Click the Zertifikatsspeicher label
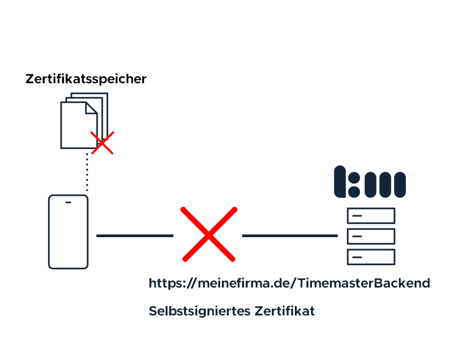click(86, 79)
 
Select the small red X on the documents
click(102, 143)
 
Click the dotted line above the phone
click(87, 173)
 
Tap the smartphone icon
click(68, 232)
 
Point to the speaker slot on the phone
click(68, 202)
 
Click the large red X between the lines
click(209, 234)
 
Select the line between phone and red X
click(135, 235)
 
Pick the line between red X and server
click(289, 235)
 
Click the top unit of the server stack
click(371, 216)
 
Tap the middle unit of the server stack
click(371, 236)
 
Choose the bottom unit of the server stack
click(371, 257)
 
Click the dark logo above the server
click(370, 182)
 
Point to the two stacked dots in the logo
click(354, 182)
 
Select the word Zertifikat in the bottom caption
click(285, 311)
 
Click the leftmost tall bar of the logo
click(340, 182)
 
